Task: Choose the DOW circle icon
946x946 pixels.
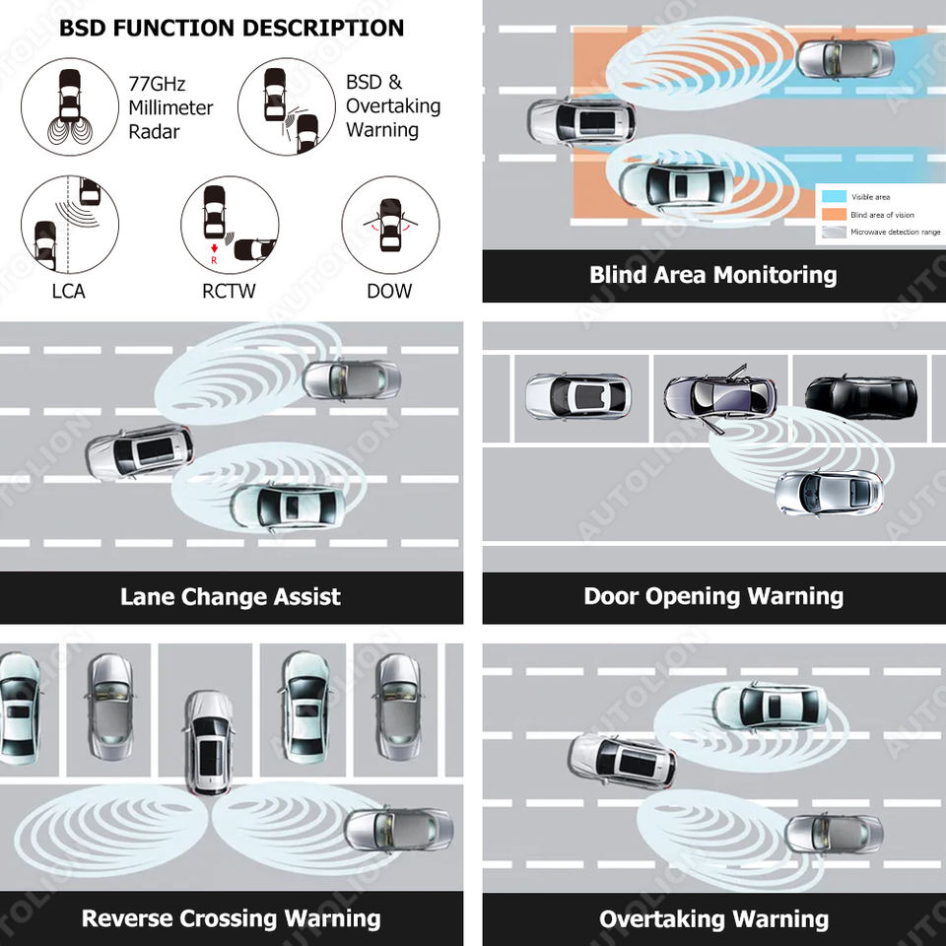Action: point(390,225)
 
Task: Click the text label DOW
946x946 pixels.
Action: point(389,291)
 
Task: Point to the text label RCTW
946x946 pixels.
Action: point(230,291)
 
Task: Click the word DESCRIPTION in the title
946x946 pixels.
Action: point(322,28)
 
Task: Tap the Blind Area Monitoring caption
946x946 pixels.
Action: point(712,275)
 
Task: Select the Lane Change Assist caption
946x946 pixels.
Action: point(231,597)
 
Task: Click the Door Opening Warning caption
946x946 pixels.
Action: point(712,597)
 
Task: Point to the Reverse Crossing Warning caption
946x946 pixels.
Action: point(231,919)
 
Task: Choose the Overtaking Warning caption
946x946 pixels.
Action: point(713,919)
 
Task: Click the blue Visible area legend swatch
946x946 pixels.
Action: point(833,197)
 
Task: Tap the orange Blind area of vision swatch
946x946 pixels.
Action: point(833,215)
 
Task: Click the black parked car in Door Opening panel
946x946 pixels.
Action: point(860,396)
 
